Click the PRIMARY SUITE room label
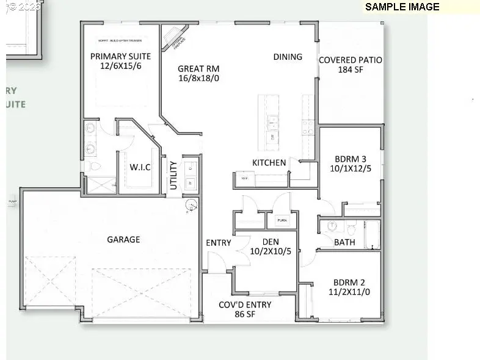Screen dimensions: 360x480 120,56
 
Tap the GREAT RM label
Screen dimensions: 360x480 198,69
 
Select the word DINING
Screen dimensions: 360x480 288,57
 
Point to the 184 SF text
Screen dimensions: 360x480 351,70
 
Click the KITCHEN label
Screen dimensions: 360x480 269,162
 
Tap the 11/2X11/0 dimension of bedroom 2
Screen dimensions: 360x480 349,292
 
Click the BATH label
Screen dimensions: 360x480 344,242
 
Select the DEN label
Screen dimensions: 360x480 266,242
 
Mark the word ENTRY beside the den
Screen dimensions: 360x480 219,243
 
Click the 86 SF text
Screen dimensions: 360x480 245,314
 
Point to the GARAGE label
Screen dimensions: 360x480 124,239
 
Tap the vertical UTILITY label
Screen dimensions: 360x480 173,175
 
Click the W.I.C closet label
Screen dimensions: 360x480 140,167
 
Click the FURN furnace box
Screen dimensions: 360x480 282,220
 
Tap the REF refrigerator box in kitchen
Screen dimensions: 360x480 244,179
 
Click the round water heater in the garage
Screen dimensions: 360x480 191,206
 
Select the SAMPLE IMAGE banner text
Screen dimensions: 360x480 402,7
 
